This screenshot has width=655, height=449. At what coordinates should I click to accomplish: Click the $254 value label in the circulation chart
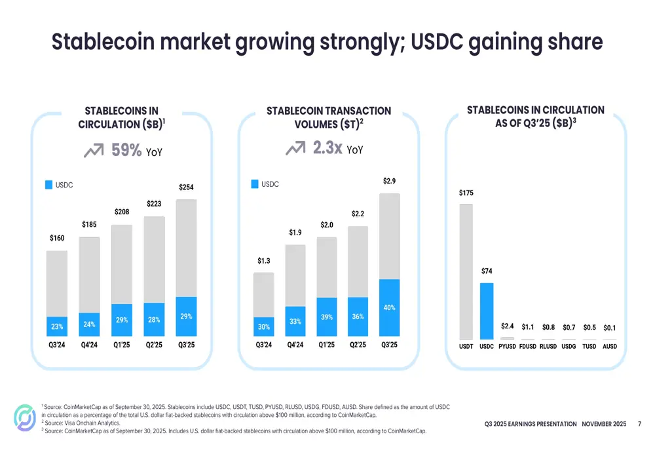point(186,188)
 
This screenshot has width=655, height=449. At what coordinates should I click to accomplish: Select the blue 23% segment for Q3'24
point(57,327)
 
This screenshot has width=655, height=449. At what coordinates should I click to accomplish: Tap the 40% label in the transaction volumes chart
point(389,307)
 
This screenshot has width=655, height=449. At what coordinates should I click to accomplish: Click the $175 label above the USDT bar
point(466,193)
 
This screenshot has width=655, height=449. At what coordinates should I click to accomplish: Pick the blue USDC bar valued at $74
point(487,311)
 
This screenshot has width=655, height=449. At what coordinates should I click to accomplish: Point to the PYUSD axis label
point(508,346)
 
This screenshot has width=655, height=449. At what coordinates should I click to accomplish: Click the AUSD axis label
point(610,346)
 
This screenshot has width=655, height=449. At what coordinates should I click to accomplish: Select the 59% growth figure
point(126,150)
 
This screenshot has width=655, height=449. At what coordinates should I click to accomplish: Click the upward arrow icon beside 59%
point(94,151)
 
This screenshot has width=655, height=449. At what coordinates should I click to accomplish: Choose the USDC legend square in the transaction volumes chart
point(255,184)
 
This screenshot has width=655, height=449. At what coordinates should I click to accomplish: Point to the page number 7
point(639,424)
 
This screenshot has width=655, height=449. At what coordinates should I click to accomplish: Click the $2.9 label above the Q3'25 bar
point(389,181)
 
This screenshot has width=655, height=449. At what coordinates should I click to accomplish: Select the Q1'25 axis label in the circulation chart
point(122,345)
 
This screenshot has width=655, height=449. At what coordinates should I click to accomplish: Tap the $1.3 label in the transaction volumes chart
point(263,261)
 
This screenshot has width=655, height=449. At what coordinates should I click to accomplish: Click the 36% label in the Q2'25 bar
point(358,317)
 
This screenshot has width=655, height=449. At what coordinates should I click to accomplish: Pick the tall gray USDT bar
point(466,271)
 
